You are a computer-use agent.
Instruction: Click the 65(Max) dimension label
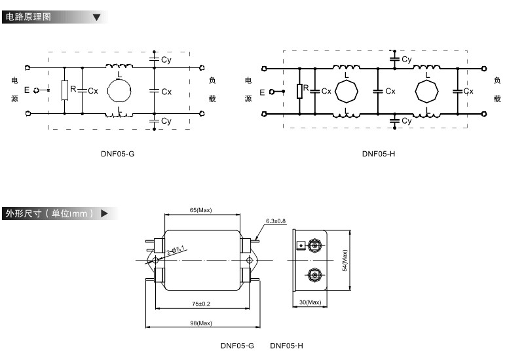200,210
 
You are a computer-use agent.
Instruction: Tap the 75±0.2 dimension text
201,304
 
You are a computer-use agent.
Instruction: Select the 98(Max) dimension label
201,323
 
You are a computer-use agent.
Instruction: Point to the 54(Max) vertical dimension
345,261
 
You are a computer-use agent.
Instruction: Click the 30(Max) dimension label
310,302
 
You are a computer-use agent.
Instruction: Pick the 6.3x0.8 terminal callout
276,221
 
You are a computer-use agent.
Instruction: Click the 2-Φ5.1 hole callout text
176,251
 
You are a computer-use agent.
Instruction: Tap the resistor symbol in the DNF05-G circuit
65,90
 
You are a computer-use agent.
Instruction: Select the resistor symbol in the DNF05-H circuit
300,91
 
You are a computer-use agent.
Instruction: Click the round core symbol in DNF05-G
119,91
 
